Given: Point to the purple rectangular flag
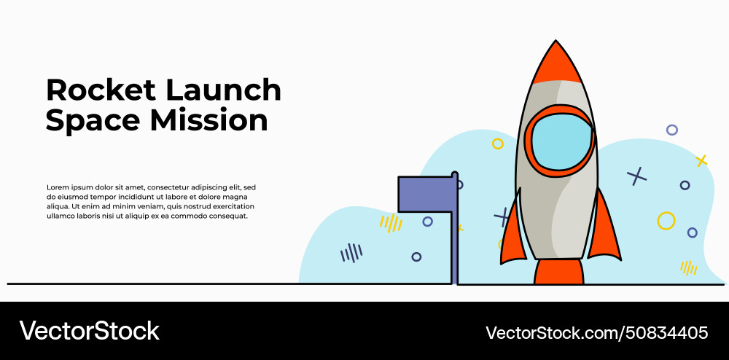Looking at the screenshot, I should point(425,195).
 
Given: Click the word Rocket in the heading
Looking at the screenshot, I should point(101,90).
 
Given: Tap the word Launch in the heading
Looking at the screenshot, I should point(223,90).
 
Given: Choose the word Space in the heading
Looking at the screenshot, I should point(93,120).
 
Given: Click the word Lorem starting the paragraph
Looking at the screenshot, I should point(58,187).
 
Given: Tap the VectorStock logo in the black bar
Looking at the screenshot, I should point(89,331).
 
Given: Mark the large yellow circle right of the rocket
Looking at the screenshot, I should point(666,221).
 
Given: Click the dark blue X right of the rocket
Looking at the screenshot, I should point(637,176).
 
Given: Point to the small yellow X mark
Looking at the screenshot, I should point(701,160).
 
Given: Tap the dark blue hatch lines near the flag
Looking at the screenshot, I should point(351,253).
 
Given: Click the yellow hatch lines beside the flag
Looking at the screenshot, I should point(391,222).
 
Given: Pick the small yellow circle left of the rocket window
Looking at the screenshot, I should point(498,144).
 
